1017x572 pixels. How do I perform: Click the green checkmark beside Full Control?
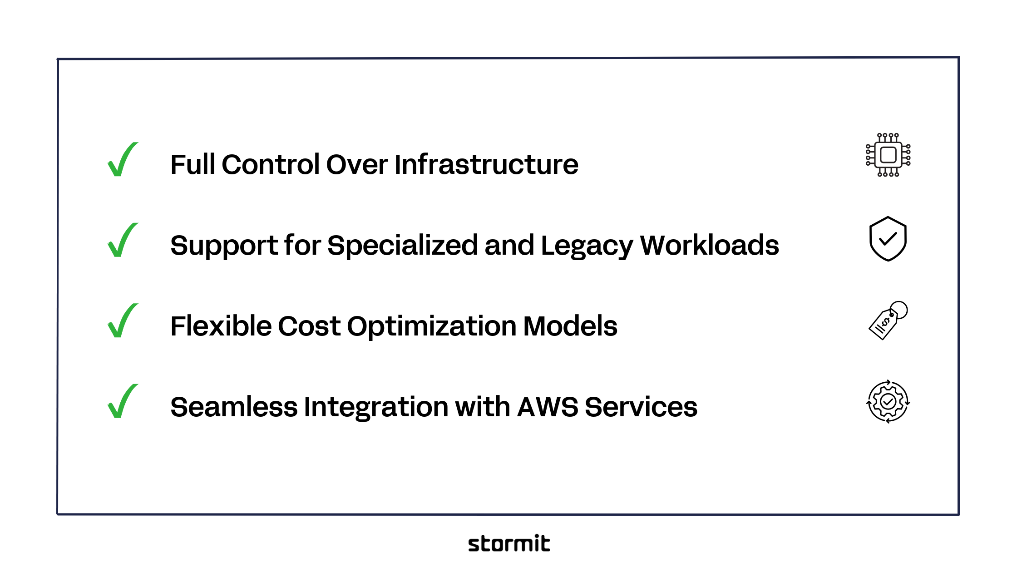122,160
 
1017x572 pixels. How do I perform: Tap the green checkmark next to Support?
122,241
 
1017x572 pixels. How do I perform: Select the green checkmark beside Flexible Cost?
122,321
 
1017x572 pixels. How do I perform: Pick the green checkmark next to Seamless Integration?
122,402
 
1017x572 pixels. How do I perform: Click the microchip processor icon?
888,155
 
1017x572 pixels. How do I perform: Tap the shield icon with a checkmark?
888,239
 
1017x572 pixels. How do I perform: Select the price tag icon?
887,321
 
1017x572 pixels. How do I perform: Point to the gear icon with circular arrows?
888,402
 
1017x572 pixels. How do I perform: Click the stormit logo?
509,543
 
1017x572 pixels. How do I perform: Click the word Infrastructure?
486,164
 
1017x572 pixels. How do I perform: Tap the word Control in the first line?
271,164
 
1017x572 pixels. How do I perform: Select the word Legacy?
587,246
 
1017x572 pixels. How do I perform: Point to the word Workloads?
709,246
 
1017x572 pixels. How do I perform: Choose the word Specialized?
402,246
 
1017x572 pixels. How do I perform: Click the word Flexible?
221,326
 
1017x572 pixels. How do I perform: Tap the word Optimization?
431,326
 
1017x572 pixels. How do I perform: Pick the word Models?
570,326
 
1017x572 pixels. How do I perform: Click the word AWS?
548,407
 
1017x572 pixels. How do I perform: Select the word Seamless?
233,407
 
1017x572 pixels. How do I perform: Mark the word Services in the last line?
641,407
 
